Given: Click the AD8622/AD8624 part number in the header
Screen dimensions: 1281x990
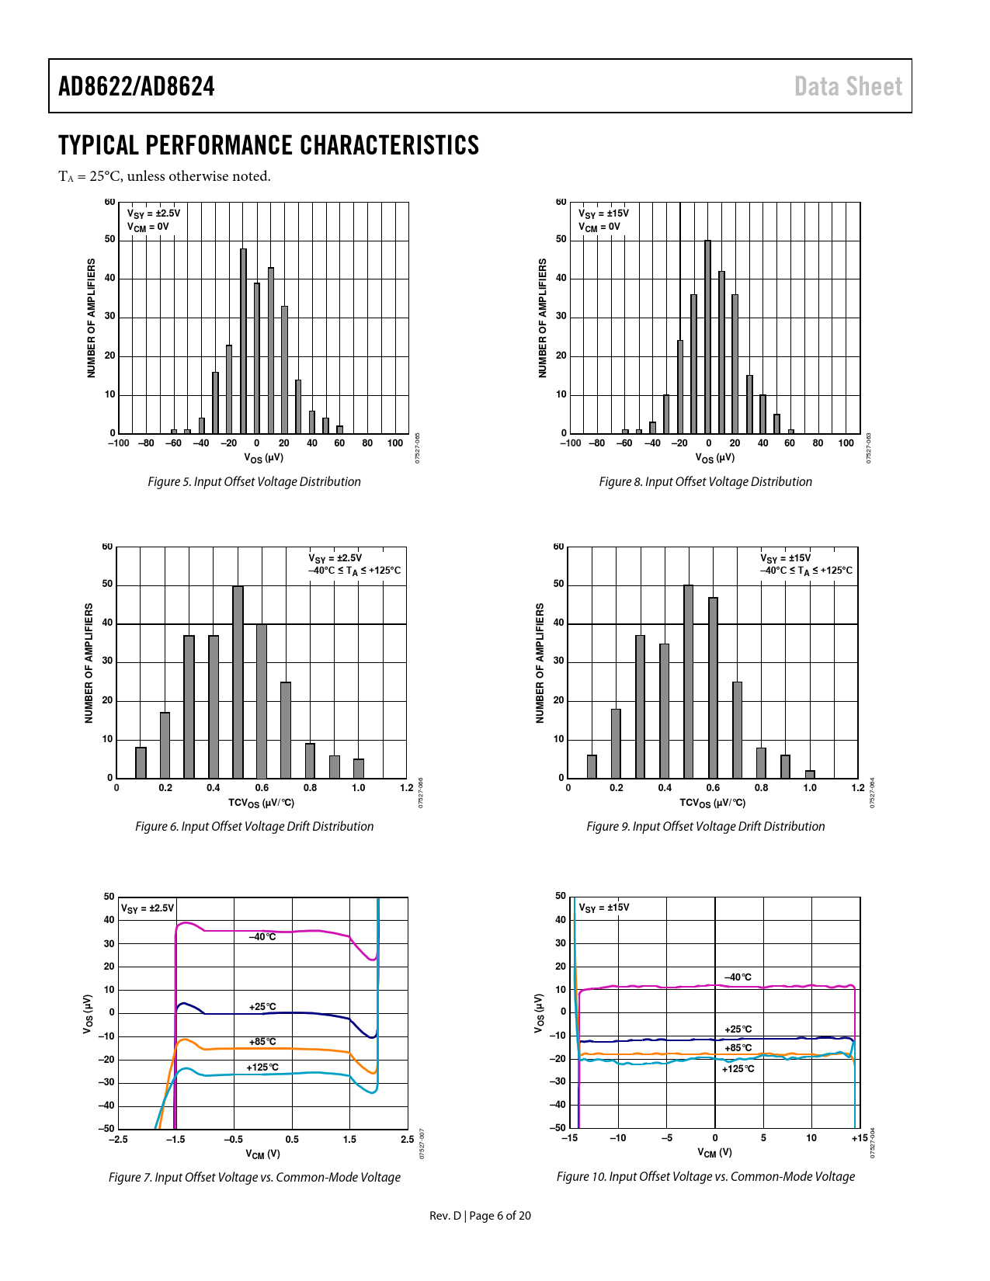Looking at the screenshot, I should (x=137, y=86).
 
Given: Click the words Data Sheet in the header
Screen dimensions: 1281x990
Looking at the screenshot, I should (x=848, y=86).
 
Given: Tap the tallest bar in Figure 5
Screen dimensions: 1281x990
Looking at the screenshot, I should (x=243, y=342).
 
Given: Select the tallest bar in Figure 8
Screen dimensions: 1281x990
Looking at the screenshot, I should (x=707, y=337).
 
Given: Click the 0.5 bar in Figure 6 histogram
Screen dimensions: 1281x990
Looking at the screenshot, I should (x=238, y=682).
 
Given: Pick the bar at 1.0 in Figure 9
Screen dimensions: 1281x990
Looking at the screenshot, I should (x=810, y=774).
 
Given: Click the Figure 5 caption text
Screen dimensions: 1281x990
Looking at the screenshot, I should (x=254, y=481).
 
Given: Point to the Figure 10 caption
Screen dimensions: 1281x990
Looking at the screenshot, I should (x=705, y=1176).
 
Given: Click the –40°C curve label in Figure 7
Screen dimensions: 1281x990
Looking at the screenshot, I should (x=262, y=937).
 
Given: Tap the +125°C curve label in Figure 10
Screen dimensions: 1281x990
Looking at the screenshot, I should (x=738, y=1069).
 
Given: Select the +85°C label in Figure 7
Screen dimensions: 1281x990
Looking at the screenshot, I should (x=262, y=1042).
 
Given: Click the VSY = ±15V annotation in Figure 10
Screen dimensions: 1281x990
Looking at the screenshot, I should (x=604, y=908).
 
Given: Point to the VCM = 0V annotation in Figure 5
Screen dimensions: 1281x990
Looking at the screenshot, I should (x=148, y=227).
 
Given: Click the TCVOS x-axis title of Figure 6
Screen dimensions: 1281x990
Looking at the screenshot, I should (x=261, y=803).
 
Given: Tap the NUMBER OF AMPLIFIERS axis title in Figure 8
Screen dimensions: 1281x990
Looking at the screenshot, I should (x=542, y=318).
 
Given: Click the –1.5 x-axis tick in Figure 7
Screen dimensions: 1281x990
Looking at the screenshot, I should (x=175, y=1140).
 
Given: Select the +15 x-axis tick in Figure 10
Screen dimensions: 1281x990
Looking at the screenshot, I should (x=859, y=1138).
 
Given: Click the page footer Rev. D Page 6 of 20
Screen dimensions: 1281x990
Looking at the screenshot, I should (x=480, y=1215).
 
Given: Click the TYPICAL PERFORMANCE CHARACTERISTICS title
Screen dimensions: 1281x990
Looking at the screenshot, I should (x=269, y=145).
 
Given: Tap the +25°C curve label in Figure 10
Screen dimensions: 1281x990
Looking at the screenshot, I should (x=738, y=1029).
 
